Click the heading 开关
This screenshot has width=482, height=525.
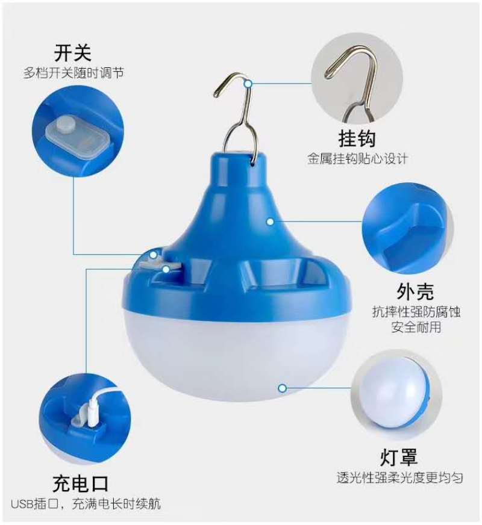click(73, 53)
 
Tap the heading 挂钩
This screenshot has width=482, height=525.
click(357, 138)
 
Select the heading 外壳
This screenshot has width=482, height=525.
click(415, 291)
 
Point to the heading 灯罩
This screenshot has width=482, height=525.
click(399, 457)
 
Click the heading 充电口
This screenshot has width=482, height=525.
click(81, 483)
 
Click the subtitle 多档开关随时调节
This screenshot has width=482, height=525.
click(74, 73)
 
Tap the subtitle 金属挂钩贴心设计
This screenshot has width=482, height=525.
click(358, 159)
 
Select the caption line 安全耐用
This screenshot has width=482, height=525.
click(416, 327)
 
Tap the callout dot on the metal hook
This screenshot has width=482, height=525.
click(248, 84)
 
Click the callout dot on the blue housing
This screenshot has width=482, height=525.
click(270, 222)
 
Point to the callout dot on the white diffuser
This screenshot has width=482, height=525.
click(283, 388)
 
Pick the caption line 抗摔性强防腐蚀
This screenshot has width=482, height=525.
click(416, 312)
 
